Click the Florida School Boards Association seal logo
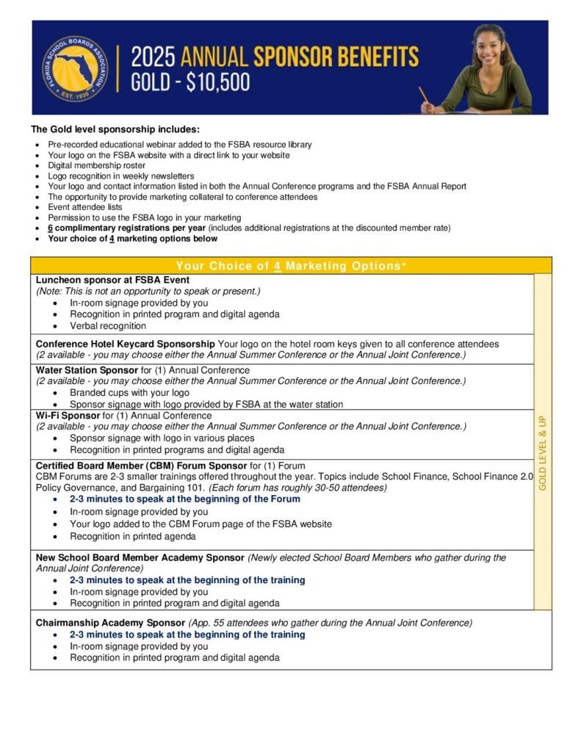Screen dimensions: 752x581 tap(71, 68)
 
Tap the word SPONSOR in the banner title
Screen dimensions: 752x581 tap(307, 57)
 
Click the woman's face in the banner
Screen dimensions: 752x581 tap(488, 47)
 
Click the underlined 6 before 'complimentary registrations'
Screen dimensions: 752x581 tap(51, 228)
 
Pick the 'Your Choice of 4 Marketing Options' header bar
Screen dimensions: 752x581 tap(290, 266)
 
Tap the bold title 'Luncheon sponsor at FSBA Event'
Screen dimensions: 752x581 tap(112, 280)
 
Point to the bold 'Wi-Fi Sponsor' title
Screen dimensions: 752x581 tap(68, 416)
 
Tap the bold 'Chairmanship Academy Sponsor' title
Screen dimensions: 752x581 tap(111, 623)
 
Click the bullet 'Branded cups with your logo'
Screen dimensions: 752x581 tap(129, 392)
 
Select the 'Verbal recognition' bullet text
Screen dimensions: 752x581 tap(108, 325)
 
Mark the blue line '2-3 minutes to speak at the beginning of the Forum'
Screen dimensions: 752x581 tap(185, 499)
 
